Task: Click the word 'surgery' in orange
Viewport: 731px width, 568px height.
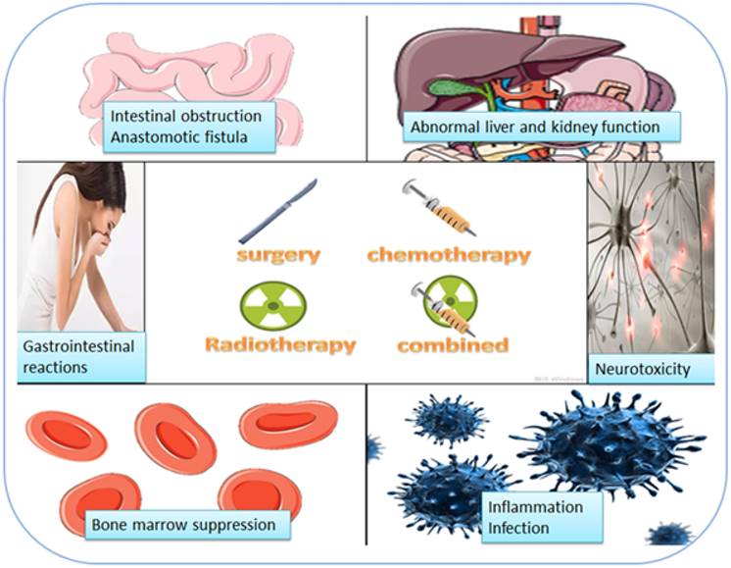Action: pos(278,255)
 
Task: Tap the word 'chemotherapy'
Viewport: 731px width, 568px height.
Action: pos(448,255)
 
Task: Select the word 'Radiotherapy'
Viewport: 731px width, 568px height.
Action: pos(279,344)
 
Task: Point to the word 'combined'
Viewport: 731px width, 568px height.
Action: pos(452,344)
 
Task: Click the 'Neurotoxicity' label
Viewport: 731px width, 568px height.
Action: pos(642,370)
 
